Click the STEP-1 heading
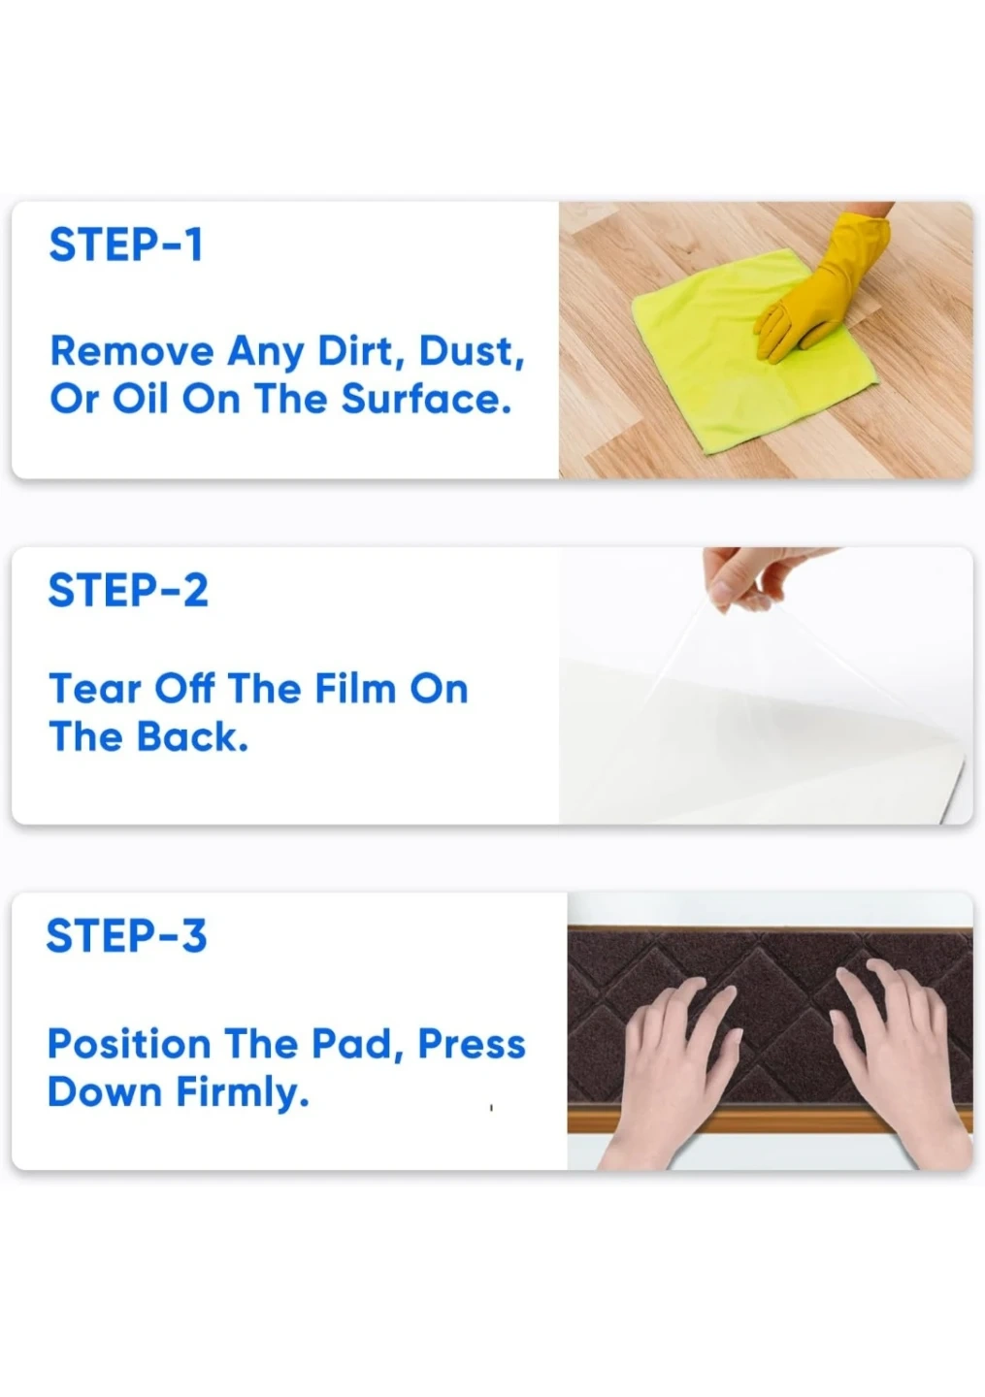(126, 244)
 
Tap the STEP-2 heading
(128, 590)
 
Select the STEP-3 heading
(126, 935)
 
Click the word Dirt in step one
(362, 352)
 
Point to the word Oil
(140, 399)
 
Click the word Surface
(427, 399)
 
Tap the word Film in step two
(355, 689)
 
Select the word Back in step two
(192, 737)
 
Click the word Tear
(95, 689)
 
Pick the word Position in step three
(129, 1044)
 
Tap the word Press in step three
(472, 1044)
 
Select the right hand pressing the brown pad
(899, 1060)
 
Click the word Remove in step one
(132, 351)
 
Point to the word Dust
(472, 352)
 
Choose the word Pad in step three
(358, 1045)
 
